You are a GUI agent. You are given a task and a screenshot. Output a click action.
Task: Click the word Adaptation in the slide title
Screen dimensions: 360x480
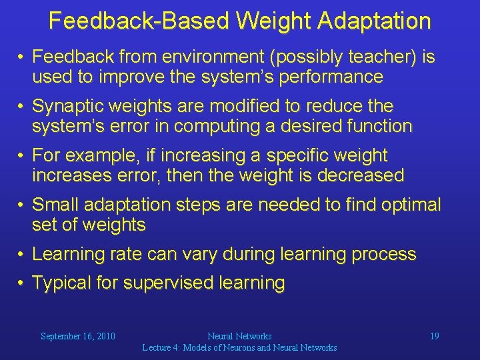pyautogui.click(x=374, y=21)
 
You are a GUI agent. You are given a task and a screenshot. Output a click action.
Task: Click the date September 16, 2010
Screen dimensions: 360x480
pyautogui.click(x=77, y=337)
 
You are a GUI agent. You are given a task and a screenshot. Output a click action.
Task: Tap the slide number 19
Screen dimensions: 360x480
pyautogui.click(x=434, y=337)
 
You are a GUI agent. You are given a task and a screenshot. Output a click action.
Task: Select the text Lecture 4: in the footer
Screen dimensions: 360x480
pyautogui.click(x=161, y=347)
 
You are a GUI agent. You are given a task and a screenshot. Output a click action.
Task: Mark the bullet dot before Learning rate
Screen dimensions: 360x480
pyautogui.click(x=22, y=254)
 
